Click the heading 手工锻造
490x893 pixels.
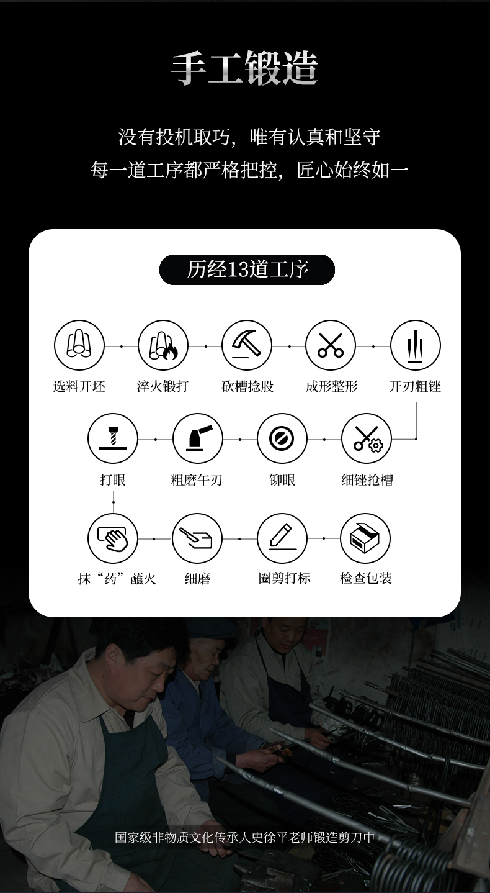pyautogui.click(x=244, y=68)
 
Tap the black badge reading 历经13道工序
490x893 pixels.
pyautogui.click(x=247, y=270)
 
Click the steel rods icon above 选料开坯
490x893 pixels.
pyautogui.click(x=79, y=345)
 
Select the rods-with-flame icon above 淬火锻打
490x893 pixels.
pyautogui.click(x=163, y=345)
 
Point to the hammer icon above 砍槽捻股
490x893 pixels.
pyautogui.click(x=247, y=345)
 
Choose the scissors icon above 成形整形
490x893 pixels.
pyautogui.click(x=331, y=345)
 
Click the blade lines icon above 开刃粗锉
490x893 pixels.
pyautogui.click(x=416, y=345)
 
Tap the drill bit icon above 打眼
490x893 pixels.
pyautogui.click(x=113, y=438)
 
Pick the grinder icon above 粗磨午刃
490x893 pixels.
pyautogui.click(x=198, y=438)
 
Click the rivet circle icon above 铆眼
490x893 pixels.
pyautogui.click(x=282, y=438)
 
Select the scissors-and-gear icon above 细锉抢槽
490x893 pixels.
pyautogui.click(x=367, y=438)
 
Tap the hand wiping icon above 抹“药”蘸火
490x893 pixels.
pyautogui.click(x=113, y=538)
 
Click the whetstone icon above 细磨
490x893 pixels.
pyautogui.click(x=197, y=538)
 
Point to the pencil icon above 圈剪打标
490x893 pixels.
pyautogui.click(x=282, y=538)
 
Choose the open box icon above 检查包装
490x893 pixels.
pyautogui.click(x=365, y=538)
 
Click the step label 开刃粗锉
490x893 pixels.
pyautogui.click(x=415, y=386)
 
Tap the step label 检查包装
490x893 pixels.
pyautogui.click(x=365, y=578)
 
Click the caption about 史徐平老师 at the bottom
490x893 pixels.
pyautogui.click(x=244, y=838)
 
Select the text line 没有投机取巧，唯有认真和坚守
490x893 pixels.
pyautogui.click(x=249, y=137)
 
